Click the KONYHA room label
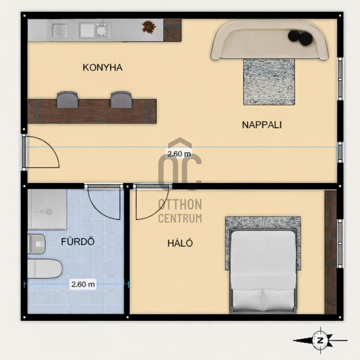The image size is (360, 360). pos(103,67)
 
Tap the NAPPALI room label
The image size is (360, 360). pos(262,125)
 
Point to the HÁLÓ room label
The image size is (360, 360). pos(180,243)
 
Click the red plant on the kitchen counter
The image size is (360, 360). pos(149,27)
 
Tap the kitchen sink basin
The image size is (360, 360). pos(87,30)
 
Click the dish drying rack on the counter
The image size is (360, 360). pos(60,31)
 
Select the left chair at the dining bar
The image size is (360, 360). pos(67,100)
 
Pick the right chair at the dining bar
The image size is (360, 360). pos(121,100)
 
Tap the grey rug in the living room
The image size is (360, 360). pos(269,82)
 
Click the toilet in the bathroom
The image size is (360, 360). pos(45,269)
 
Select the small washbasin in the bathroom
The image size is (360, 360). pos(36,244)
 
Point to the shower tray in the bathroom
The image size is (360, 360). pos(47,210)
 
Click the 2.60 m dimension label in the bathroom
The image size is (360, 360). pos(83,284)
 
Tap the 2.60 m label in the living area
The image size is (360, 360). pos(179,154)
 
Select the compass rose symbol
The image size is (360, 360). pos(321,340)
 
